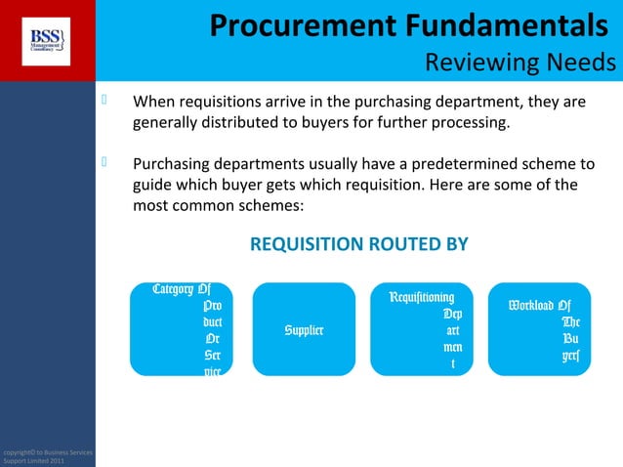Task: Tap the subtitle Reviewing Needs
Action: (520, 64)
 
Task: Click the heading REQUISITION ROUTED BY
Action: (359, 243)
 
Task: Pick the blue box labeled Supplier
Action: (304, 330)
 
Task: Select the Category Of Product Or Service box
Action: (181, 330)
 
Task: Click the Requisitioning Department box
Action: (428, 330)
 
